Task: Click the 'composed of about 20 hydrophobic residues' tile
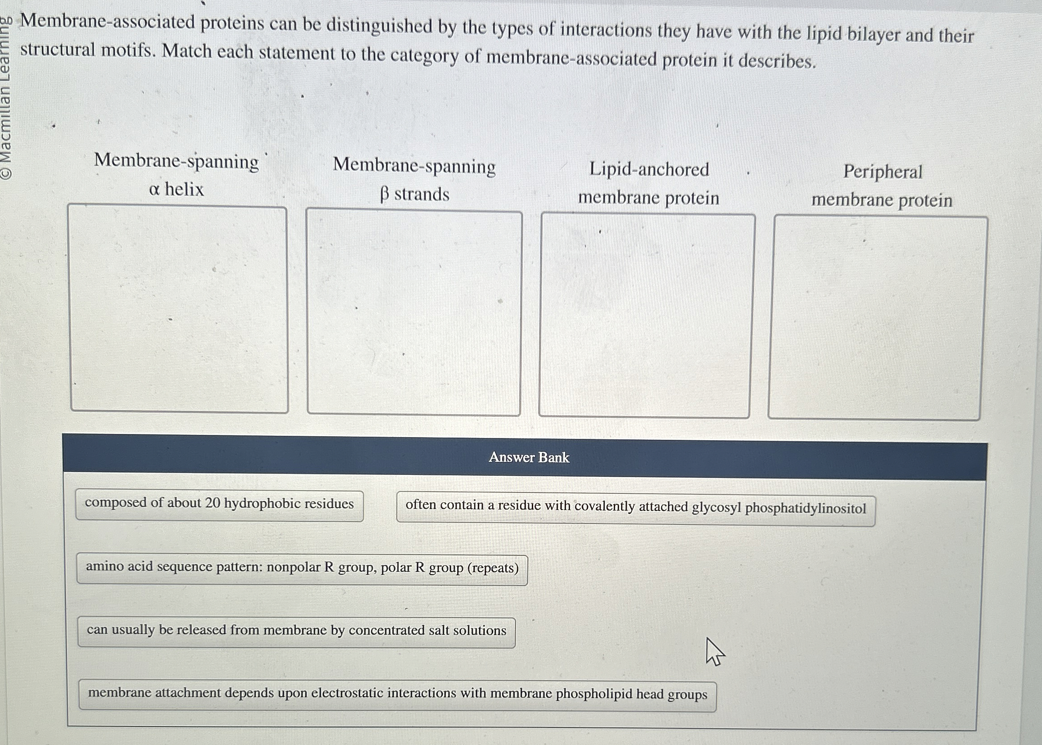tap(219, 505)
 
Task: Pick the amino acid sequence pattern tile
tap(302, 569)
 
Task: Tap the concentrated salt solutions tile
tap(296, 631)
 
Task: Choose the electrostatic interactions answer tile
tap(397, 694)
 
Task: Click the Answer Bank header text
tap(529, 457)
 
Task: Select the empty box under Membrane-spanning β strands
tap(414, 313)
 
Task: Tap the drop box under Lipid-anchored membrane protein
tap(647, 316)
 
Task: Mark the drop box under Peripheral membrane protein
tap(877, 318)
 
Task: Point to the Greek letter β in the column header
tap(385, 195)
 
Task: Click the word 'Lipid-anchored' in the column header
tap(649, 169)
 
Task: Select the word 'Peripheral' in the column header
tap(882, 172)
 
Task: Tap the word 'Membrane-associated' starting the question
tap(108, 22)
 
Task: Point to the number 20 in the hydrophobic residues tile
tap(213, 503)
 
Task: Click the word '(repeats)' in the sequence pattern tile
tap(493, 569)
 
